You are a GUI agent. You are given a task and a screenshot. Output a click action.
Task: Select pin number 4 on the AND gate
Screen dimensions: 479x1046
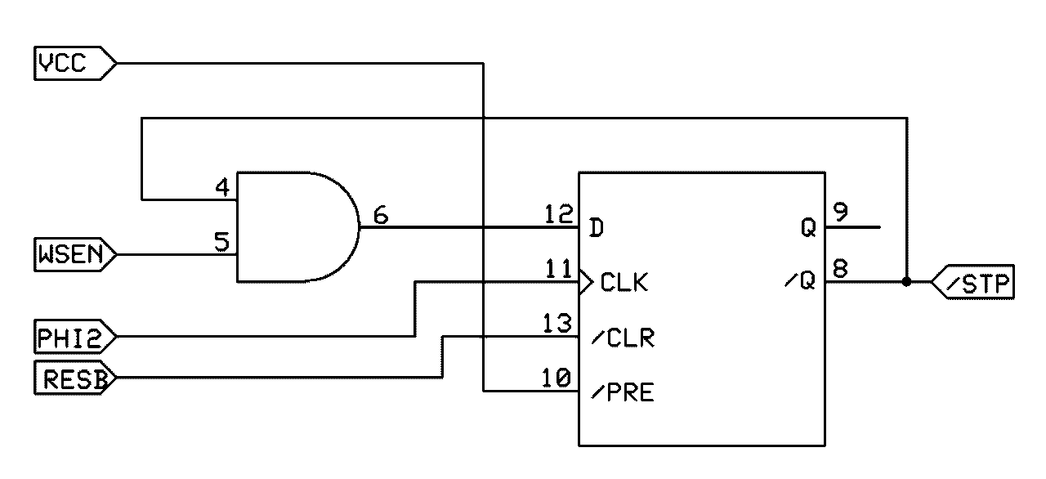(x=221, y=187)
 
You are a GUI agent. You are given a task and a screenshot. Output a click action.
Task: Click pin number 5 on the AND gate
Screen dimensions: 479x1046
(x=221, y=242)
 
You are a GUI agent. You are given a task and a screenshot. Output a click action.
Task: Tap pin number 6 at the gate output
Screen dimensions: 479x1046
(x=381, y=215)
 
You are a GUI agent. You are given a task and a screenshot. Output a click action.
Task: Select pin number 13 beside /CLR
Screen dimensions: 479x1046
(x=558, y=325)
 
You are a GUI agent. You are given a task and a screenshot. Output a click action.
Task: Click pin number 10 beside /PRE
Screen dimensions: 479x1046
(x=558, y=378)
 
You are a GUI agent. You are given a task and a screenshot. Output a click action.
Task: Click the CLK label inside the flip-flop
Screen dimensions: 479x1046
(x=624, y=284)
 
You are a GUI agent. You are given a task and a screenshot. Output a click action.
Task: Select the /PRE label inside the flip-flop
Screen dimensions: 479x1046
(x=622, y=393)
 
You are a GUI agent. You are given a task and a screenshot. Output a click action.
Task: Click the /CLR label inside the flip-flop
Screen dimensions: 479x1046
(x=622, y=338)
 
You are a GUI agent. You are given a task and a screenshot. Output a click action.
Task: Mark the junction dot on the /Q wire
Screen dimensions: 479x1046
(x=906, y=282)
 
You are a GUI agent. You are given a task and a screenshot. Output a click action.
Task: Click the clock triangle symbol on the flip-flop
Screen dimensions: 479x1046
(x=586, y=283)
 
